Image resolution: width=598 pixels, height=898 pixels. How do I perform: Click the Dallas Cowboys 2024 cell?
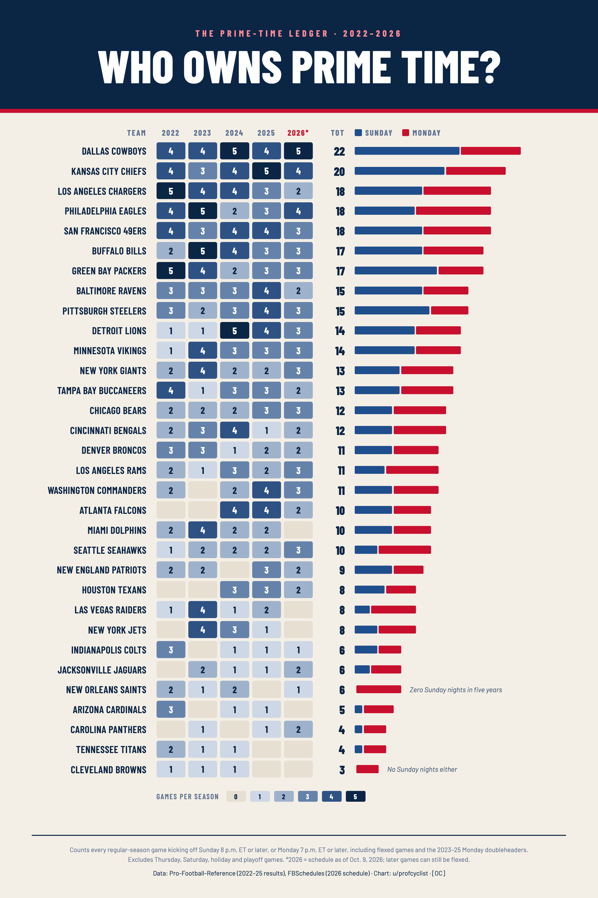[x=234, y=151]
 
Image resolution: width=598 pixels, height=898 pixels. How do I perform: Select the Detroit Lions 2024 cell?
[x=234, y=330]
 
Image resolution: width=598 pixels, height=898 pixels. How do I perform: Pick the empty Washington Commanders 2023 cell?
[x=203, y=490]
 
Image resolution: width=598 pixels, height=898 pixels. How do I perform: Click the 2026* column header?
[x=298, y=133]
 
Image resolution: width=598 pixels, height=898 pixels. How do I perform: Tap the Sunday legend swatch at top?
[x=358, y=132]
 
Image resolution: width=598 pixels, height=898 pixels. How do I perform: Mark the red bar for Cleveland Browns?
[x=367, y=769]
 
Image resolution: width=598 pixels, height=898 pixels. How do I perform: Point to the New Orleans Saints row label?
[x=106, y=689]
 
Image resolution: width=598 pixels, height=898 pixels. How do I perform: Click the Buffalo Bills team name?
[x=119, y=251]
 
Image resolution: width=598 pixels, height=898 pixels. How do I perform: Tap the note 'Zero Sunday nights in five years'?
[x=456, y=689]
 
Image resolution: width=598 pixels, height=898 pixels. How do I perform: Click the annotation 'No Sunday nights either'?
[x=422, y=769]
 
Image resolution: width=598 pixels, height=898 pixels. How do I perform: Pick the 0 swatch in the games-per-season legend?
[x=236, y=796]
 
